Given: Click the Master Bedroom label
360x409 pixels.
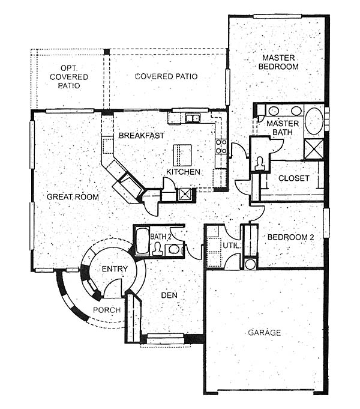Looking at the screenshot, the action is pyautogui.click(x=278, y=62).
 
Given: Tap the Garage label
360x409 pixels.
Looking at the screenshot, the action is pyautogui.click(x=265, y=333).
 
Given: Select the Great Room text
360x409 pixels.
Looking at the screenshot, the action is pyautogui.click(x=73, y=196).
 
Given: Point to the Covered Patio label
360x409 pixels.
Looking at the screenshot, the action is pyautogui.click(x=166, y=76).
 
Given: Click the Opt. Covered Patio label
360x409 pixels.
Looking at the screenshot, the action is pyautogui.click(x=69, y=77).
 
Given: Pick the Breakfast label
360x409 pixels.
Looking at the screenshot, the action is pyautogui.click(x=142, y=135).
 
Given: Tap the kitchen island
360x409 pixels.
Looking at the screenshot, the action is pyautogui.click(x=182, y=155).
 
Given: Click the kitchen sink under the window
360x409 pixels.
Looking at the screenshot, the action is pyautogui.click(x=193, y=118).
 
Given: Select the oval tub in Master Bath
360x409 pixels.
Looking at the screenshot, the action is pyautogui.click(x=314, y=121).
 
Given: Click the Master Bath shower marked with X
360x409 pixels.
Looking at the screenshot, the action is pyautogui.click(x=314, y=149).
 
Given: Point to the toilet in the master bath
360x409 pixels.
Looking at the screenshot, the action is pyautogui.click(x=259, y=164).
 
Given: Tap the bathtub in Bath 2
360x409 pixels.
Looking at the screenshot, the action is pyautogui.click(x=142, y=241).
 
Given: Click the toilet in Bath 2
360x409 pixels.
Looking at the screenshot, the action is pyautogui.click(x=157, y=249).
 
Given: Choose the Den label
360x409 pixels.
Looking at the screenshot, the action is pyautogui.click(x=169, y=295).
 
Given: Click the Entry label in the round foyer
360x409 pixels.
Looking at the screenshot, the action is pyautogui.click(x=115, y=268).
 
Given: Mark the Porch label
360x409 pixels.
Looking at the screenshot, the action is pyautogui.click(x=107, y=310).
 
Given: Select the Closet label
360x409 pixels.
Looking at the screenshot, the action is pyautogui.click(x=294, y=178).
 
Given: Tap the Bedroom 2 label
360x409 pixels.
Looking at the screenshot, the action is pyautogui.click(x=290, y=237).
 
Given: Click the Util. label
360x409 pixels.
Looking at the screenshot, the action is pyautogui.click(x=230, y=246).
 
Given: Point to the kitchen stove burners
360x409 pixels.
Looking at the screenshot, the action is pyautogui.click(x=221, y=147).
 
